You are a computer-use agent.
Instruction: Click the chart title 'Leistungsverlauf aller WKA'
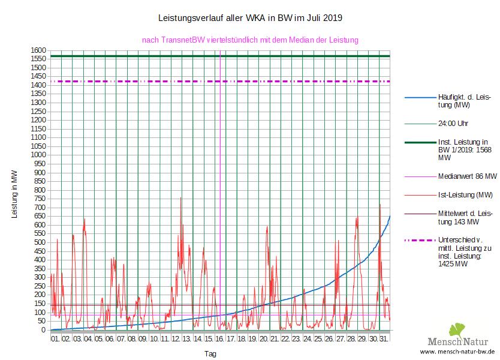pos(249,18)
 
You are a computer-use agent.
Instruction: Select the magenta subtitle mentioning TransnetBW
pos(249,40)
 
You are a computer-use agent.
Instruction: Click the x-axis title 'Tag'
pos(210,353)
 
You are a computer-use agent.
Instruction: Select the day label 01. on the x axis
pos(55,339)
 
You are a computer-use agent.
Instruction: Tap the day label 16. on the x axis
pos(220,339)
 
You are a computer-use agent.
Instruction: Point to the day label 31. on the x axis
pos(384,339)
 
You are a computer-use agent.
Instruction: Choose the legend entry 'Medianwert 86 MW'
pos(468,176)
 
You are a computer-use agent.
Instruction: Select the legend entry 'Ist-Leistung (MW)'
pos(465,195)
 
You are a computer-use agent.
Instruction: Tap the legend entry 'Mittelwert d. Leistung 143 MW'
pos(465,217)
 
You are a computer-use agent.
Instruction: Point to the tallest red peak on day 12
pos(180,198)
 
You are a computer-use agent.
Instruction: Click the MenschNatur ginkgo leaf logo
pos(457,331)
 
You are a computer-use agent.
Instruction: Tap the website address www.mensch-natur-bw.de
pos(457,351)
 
